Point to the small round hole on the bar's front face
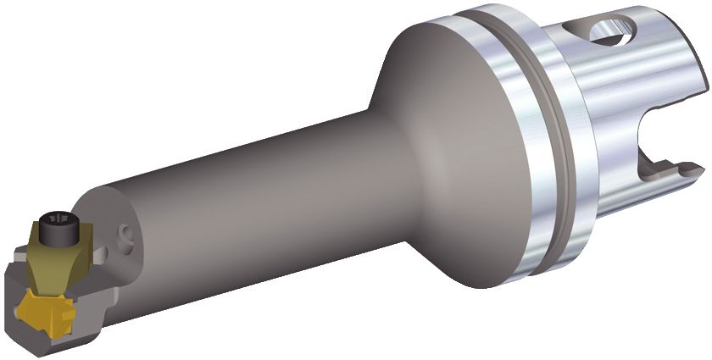[127, 232]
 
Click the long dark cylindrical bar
[254, 203]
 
